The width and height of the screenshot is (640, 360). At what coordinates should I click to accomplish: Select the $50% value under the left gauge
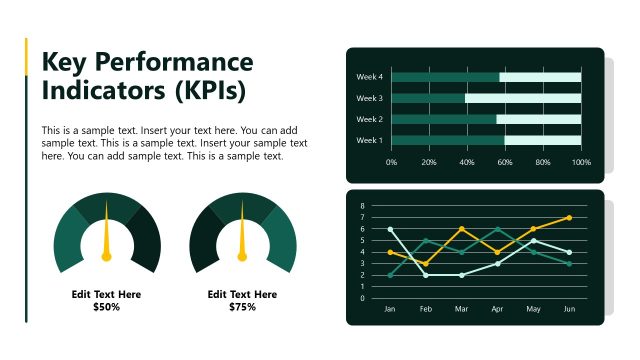point(106,307)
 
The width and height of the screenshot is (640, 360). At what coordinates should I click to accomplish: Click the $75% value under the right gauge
point(242,307)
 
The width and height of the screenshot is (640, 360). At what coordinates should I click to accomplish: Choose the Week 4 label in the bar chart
point(370,77)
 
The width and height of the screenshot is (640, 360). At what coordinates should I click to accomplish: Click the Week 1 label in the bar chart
point(370,140)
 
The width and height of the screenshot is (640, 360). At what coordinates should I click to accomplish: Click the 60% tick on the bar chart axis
point(505,161)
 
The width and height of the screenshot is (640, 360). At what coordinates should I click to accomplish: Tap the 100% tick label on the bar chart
point(581,161)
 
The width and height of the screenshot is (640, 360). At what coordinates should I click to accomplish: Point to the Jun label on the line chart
point(569,309)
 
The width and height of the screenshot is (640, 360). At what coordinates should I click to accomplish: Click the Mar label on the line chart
point(461,309)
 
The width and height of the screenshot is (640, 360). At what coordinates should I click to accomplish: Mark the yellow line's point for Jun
point(569,217)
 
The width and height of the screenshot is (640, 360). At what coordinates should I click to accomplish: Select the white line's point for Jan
point(390,229)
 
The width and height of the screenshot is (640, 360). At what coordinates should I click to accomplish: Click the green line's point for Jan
point(390,275)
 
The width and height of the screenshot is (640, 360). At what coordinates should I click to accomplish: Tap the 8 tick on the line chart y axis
point(362,206)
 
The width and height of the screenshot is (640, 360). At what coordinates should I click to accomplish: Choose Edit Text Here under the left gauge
point(106,294)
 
